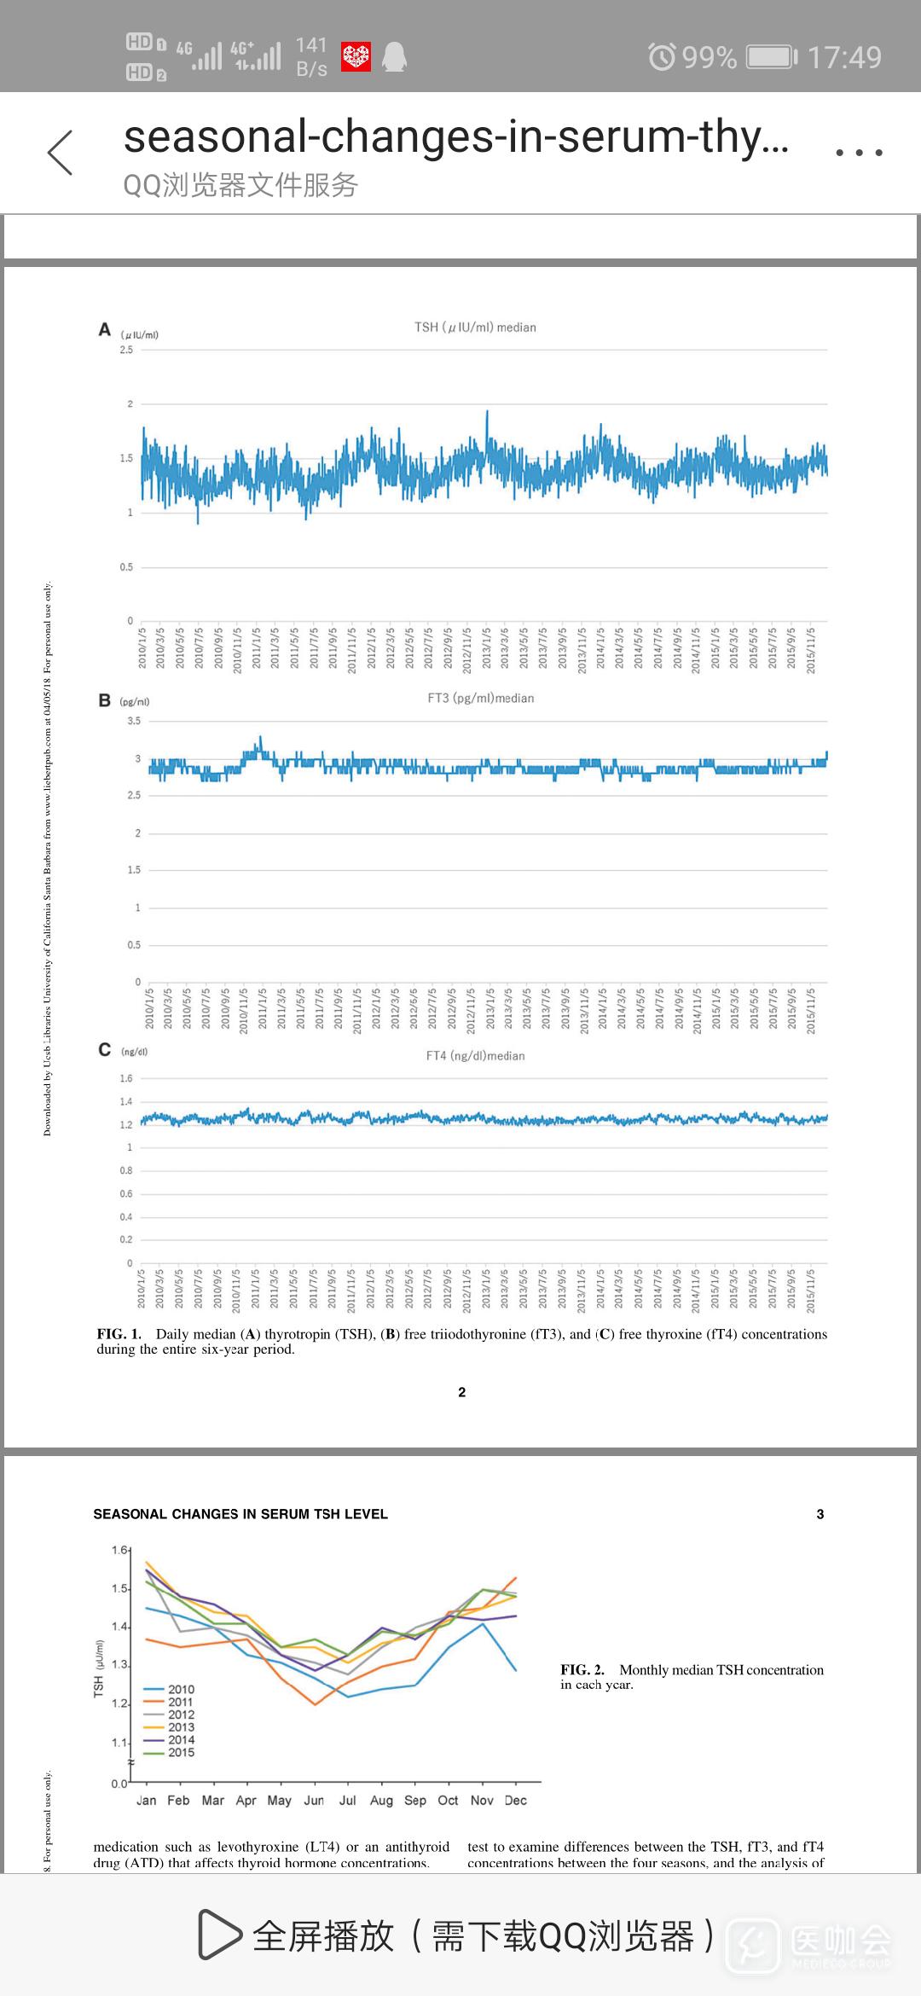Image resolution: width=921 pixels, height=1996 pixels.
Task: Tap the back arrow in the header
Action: point(61,153)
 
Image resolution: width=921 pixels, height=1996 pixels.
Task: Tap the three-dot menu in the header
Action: point(859,153)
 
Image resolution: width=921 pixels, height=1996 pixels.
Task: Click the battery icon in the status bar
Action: point(772,57)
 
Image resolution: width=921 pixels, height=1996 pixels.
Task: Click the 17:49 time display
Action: point(844,57)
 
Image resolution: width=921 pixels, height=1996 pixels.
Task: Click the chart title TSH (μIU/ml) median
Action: point(475,328)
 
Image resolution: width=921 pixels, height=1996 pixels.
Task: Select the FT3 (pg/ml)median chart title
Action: point(481,699)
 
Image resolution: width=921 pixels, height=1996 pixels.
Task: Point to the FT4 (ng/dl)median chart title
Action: point(475,1056)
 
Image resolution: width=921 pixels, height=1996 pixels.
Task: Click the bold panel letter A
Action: point(105,329)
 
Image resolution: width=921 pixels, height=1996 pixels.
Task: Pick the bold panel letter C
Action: point(105,1050)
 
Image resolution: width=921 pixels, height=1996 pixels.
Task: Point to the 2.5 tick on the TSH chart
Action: point(126,350)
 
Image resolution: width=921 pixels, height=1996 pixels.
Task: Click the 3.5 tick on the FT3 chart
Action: point(134,721)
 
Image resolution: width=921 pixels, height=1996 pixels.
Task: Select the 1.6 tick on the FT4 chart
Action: point(126,1079)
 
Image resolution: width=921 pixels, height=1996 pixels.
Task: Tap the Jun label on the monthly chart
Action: point(314,1800)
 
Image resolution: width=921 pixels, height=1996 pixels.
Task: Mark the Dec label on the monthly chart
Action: point(515,1800)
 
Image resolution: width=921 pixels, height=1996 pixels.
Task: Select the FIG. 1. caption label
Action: point(119,1334)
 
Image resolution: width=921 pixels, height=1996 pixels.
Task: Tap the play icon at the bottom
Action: point(218,1935)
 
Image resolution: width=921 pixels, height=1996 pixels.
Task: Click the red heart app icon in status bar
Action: point(356,57)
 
